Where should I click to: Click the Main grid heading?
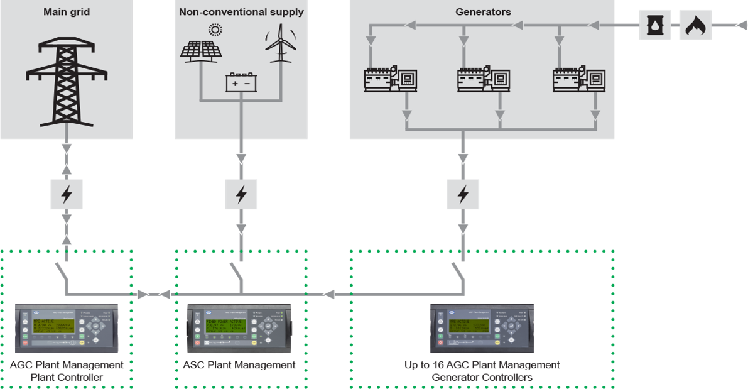(x=67, y=12)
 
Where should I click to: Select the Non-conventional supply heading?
(x=241, y=12)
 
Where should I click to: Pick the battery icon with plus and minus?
(x=241, y=83)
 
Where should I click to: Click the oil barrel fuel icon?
(x=655, y=25)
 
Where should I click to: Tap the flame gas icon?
(x=695, y=25)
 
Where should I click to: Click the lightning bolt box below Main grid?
(x=66, y=194)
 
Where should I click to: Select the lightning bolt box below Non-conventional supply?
(x=241, y=194)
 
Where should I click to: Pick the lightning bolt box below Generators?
(x=463, y=194)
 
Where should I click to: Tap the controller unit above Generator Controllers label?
(x=482, y=327)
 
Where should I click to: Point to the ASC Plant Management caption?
(x=239, y=365)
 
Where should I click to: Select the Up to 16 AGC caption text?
(x=482, y=365)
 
